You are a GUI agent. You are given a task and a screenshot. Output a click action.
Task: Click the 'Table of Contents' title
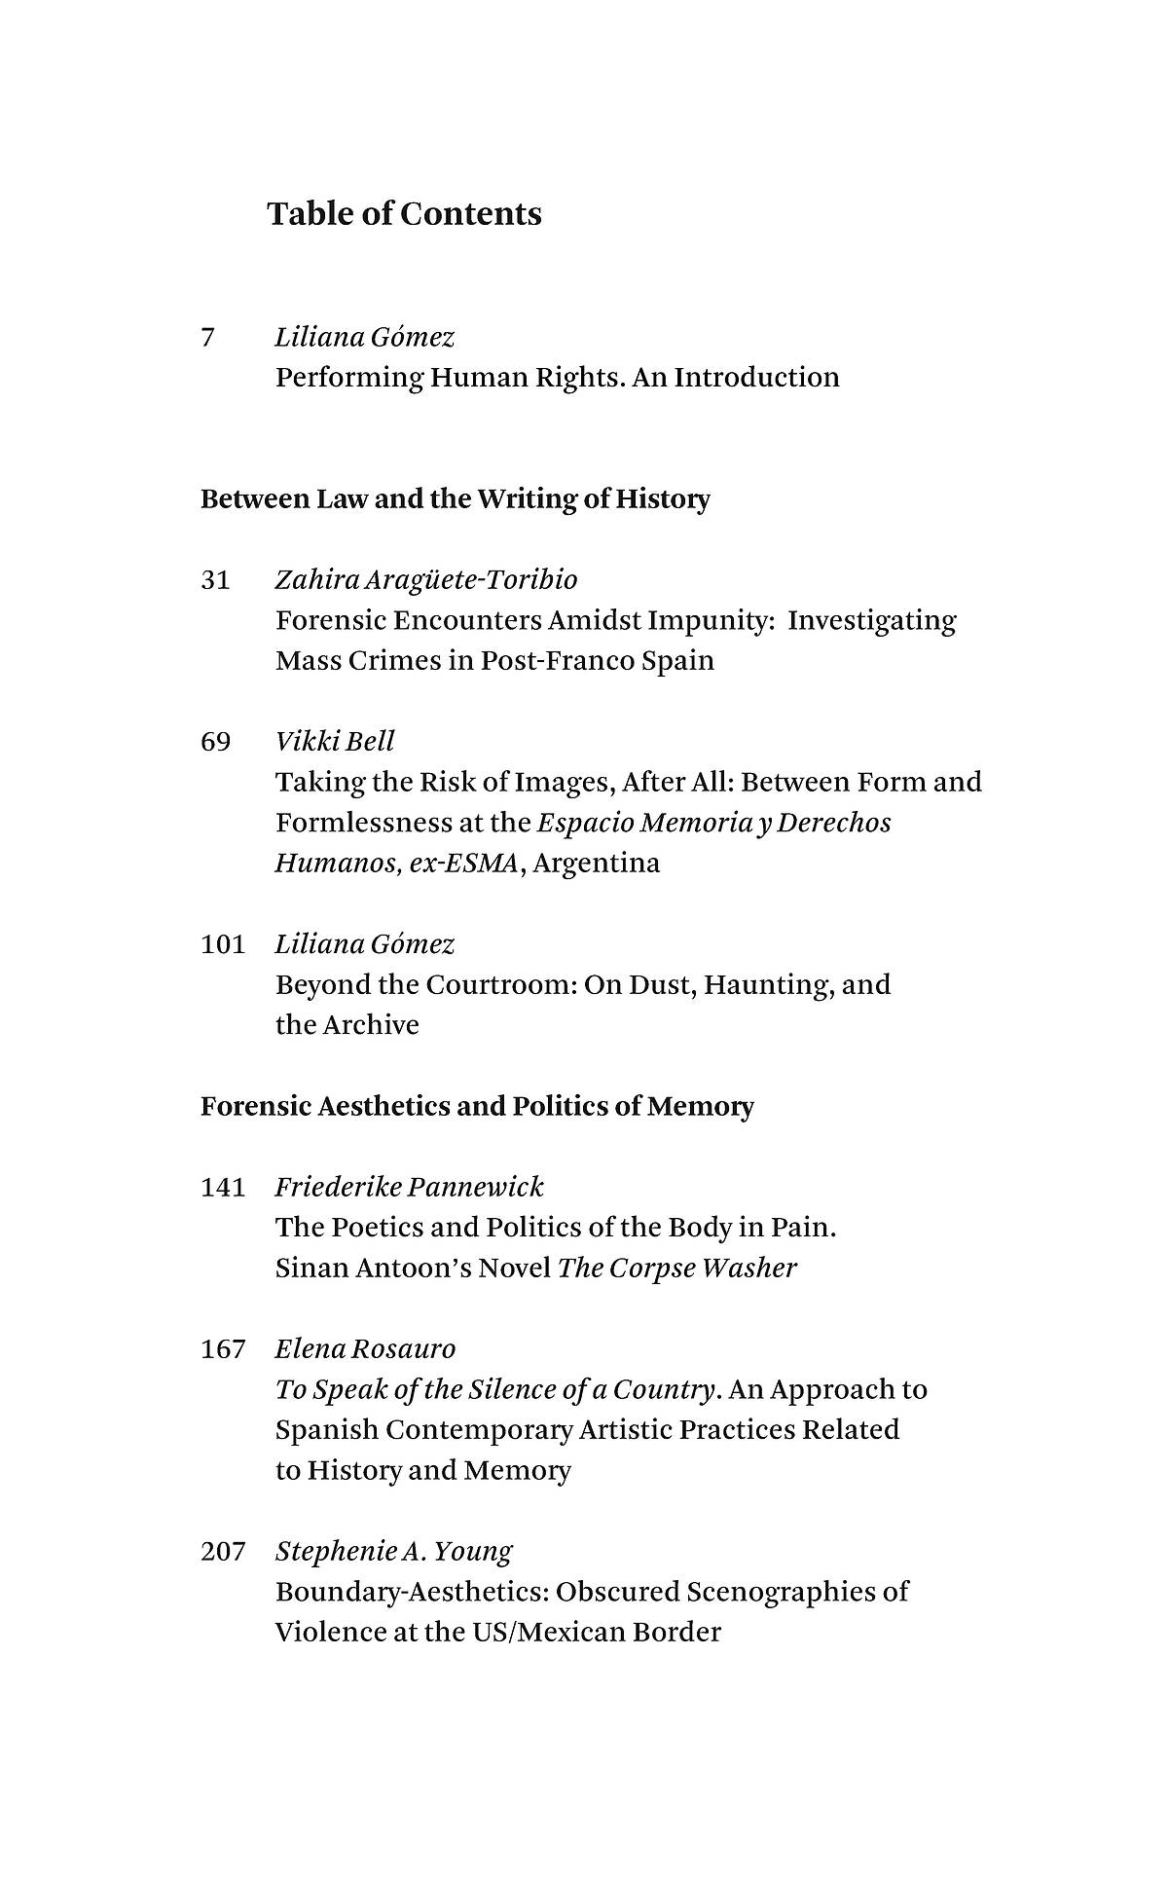click(x=404, y=214)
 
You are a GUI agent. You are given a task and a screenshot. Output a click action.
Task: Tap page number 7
click(x=207, y=338)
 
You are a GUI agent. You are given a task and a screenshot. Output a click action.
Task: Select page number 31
click(x=215, y=580)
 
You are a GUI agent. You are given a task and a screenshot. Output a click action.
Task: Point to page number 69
click(x=215, y=742)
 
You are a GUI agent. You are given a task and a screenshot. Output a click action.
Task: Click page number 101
click(x=223, y=944)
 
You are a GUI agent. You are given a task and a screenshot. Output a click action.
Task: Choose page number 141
click(x=223, y=1187)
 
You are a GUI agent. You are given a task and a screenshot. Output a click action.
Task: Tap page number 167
click(x=223, y=1348)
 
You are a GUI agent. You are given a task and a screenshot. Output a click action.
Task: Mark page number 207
click(x=223, y=1551)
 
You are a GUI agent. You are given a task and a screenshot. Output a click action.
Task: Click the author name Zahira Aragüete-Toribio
click(x=426, y=580)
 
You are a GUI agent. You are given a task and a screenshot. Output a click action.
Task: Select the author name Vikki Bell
click(x=335, y=742)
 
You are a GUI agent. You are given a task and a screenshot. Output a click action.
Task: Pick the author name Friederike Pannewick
click(x=409, y=1187)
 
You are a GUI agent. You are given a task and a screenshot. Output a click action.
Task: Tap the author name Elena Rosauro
click(x=365, y=1348)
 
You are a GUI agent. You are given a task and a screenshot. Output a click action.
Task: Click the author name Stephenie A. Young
click(x=393, y=1551)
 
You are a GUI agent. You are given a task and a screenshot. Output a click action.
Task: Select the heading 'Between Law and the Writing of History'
click(x=456, y=499)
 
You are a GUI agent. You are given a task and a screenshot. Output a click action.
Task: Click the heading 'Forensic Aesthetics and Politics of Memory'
click(x=477, y=1107)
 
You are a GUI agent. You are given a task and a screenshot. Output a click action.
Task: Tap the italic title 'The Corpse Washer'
click(x=676, y=1268)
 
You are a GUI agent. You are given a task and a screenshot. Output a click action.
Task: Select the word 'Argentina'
click(x=597, y=864)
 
